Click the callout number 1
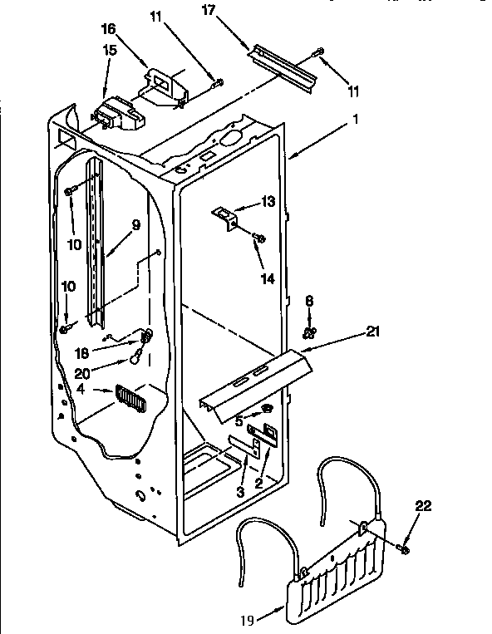(x=355, y=119)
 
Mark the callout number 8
(x=309, y=302)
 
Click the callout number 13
(x=267, y=201)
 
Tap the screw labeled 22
(x=405, y=548)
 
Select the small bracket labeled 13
(x=225, y=216)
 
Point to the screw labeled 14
(x=258, y=239)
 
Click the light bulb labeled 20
(x=135, y=358)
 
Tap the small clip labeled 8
(x=308, y=332)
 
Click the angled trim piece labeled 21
(x=253, y=379)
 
